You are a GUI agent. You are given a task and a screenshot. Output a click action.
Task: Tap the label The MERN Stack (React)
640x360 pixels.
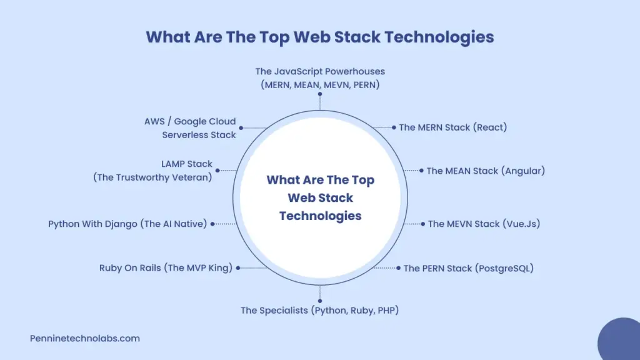[x=452, y=127]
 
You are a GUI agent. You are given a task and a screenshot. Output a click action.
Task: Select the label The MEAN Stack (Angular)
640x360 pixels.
[x=486, y=171]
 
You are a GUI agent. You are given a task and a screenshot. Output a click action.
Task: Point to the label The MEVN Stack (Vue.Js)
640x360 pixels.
[x=484, y=224]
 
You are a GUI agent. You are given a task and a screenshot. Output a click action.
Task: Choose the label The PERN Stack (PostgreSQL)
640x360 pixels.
[x=468, y=268]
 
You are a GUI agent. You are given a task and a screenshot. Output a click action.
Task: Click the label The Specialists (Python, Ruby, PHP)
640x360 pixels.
[x=319, y=310]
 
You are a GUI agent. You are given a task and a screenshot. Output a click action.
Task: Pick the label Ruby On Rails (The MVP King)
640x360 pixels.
[x=166, y=268]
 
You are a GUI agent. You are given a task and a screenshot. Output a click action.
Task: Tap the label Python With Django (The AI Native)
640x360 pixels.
[x=127, y=224]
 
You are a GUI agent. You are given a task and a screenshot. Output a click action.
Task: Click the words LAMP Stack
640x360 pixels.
[x=187, y=164]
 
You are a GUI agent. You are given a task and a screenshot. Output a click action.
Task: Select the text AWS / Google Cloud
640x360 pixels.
[x=190, y=121]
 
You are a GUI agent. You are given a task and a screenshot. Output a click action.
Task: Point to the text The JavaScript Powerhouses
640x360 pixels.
[x=320, y=71]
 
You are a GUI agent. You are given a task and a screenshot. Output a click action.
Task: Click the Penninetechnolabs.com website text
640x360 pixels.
[x=85, y=339]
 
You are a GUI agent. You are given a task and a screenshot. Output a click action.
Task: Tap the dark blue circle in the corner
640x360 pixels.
[x=621, y=341]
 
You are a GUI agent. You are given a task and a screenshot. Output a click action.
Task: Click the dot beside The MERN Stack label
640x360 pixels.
[x=394, y=127]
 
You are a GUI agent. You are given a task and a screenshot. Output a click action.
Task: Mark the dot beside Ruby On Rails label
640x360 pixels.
[x=238, y=268]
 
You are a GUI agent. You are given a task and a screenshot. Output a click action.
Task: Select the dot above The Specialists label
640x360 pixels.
[x=320, y=301]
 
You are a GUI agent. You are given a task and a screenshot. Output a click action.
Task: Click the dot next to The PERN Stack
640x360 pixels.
[x=398, y=268]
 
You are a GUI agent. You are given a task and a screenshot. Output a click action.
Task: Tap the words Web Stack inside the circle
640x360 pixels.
[x=320, y=197]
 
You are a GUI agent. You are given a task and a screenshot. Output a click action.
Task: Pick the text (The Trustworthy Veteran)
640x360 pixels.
[x=153, y=177]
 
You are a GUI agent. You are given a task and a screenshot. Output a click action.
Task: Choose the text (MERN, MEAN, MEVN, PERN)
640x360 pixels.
[x=320, y=84]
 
